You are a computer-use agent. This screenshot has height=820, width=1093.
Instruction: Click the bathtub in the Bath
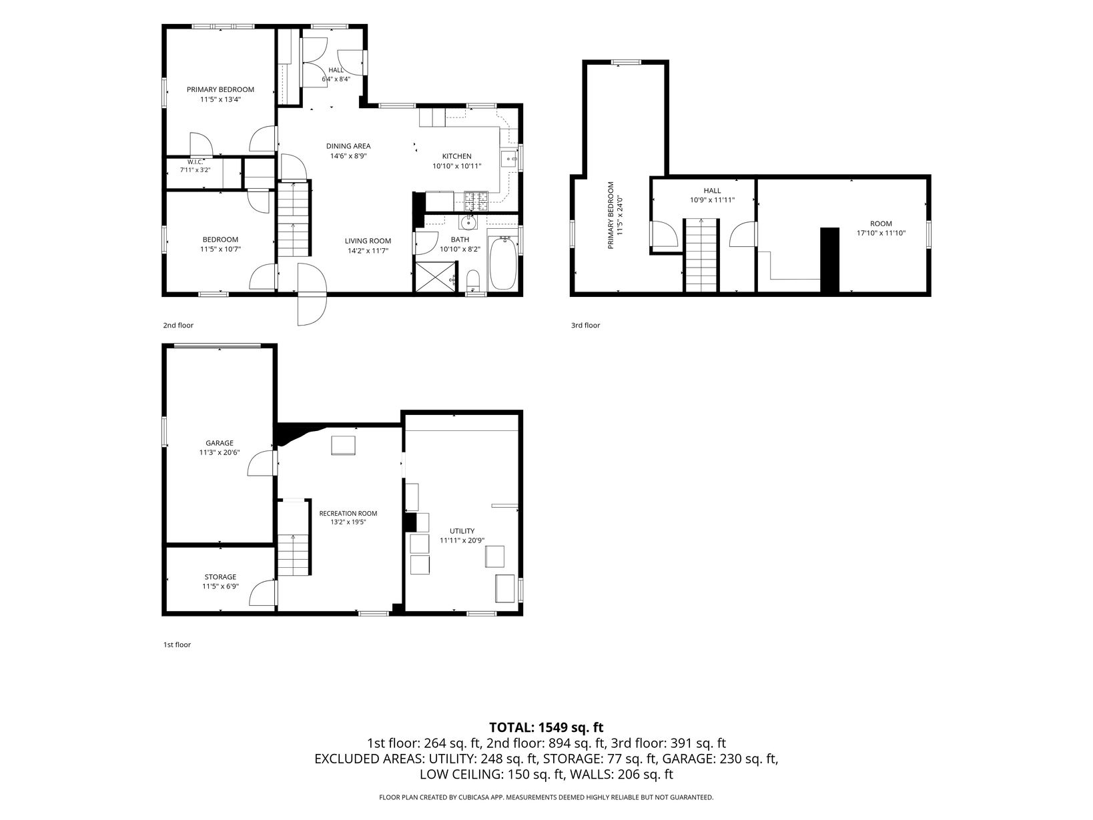503,263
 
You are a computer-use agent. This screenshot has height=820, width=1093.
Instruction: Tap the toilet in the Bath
473,281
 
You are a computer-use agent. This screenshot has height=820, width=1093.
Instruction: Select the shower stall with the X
434,277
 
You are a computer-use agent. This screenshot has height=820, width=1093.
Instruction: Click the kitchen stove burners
476,201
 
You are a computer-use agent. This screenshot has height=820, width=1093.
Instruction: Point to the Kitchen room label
456,156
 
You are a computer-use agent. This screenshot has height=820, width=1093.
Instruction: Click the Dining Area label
348,146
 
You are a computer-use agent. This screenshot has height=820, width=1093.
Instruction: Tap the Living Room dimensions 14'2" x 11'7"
368,251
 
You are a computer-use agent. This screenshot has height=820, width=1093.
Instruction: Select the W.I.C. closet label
196,162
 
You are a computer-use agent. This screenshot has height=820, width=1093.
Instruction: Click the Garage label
220,443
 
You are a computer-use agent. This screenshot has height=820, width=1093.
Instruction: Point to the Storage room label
220,577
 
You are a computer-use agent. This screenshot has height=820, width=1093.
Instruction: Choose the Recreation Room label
348,513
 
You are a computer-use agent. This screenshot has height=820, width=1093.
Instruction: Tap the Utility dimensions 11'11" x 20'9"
462,540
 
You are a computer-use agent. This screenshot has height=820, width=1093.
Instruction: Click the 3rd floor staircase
701,255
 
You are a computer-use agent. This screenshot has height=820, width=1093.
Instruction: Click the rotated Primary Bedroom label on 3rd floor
615,215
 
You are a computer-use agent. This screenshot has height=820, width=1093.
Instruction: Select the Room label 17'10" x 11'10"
881,229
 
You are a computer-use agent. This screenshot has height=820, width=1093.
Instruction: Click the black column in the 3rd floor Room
829,260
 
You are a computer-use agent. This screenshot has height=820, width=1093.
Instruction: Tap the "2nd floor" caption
178,326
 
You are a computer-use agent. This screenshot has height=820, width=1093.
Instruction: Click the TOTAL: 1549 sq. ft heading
546,727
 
